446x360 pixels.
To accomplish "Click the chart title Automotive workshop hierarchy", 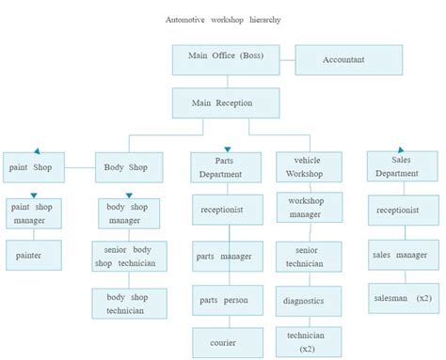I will pyautogui.click(x=223, y=20).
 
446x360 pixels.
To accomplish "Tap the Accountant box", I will pyautogui.click(x=342, y=59).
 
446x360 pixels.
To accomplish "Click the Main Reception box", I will pyautogui.click(x=222, y=103).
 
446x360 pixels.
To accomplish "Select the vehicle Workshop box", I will pyautogui.click(x=309, y=167).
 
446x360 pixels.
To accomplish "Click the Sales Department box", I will pyautogui.click(x=396, y=167).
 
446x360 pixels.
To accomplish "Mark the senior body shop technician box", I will pyautogui.click(x=129, y=256).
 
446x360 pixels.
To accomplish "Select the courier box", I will pyautogui.click(x=223, y=342).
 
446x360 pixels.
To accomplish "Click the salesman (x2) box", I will pyautogui.click(x=401, y=298).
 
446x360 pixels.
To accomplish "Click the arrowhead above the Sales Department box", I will pyautogui.click(x=395, y=148).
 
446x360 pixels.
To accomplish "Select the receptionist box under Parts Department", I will pyautogui.click(x=223, y=210).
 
